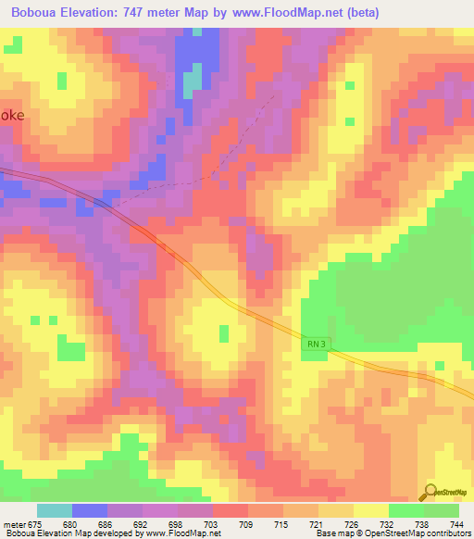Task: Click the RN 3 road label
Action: tap(316, 344)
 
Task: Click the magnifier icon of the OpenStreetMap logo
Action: tap(430, 492)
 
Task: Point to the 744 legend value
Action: tap(455, 525)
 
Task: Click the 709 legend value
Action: tap(245, 525)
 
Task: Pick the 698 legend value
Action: tap(175, 525)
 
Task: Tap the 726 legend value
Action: tap(351, 525)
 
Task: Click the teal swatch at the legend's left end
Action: tap(55, 510)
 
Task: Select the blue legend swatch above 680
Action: tap(90, 510)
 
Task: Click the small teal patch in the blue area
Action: tap(192, 83)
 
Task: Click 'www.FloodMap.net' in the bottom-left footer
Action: tap(182, 533)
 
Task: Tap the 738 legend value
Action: tap(420, 525)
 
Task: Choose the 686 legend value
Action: tap(106, 525)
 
